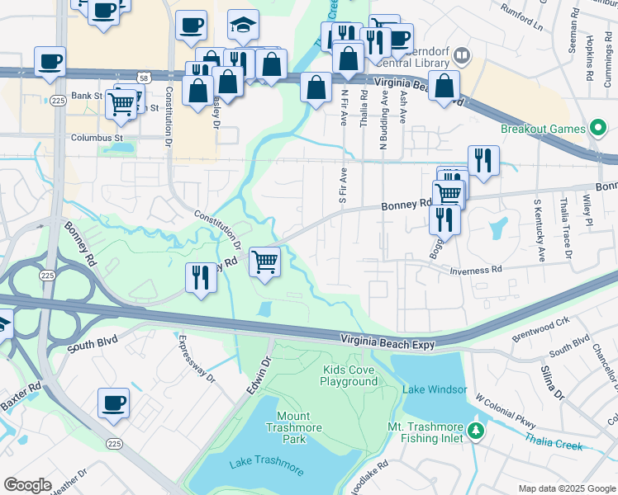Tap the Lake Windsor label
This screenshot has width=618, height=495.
[435, 389]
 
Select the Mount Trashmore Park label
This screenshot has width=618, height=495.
[288, 427]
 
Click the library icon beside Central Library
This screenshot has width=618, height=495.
[461, 56]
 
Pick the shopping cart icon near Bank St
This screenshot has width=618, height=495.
[122, 104]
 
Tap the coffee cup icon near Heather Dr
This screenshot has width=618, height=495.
[113, 403]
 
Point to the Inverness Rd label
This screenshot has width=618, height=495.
[476, 270]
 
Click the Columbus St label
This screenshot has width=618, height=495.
[97, 138]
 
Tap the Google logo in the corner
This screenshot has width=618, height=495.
[27, 485]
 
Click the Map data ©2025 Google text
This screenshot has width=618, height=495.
[565, 488]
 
